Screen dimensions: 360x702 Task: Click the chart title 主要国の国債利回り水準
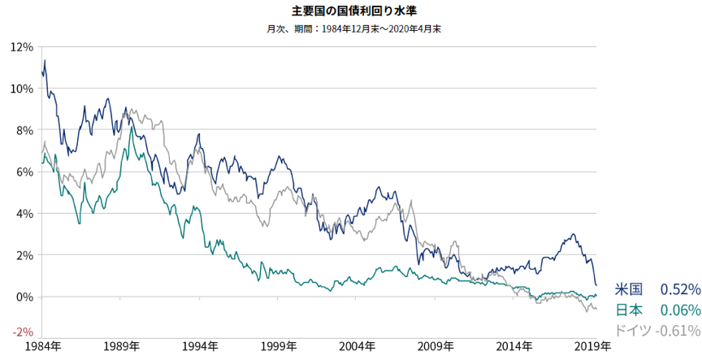coord(351,11)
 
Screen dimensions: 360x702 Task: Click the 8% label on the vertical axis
coord(24,130)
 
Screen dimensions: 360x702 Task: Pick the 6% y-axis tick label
coord(24,171)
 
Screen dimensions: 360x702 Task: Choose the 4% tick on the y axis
coord(24,213)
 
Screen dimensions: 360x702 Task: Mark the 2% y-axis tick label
coord(24,254)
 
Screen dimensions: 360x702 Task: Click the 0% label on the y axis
coord(24,296)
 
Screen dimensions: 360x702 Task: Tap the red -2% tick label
coord(23,332)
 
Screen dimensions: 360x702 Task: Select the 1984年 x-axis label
coord(42,346)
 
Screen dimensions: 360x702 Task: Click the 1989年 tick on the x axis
coord(122,346)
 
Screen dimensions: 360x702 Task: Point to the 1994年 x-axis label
coord(201,346)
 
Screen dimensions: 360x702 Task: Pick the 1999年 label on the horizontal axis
coord(280,346)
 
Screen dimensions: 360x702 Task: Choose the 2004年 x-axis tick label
coord(359,346)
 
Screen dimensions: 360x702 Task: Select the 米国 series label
coord(629,289)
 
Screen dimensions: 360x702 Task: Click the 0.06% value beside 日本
coord(680,310)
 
